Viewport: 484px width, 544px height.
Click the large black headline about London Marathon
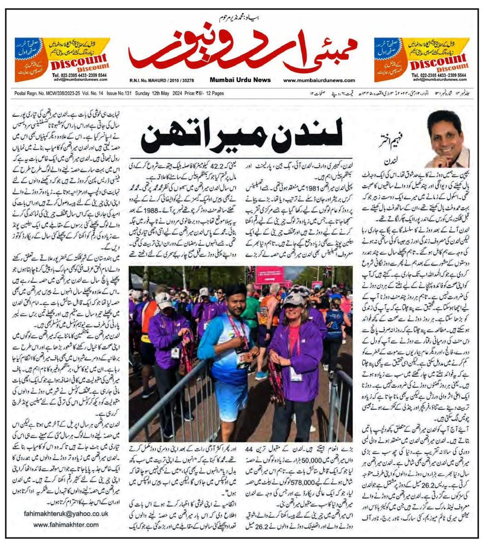[x=247, y=133]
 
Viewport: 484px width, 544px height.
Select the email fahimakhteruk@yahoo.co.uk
[x=66, y=514]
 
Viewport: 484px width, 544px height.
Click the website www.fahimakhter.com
[x=66, y=525]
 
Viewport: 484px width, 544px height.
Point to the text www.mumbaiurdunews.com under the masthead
[x=325, y=80]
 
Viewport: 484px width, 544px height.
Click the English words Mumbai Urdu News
[x=240, y=80]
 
